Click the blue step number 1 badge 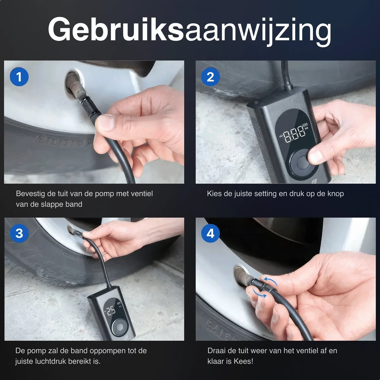19,77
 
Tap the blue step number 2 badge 210,77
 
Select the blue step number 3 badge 19,233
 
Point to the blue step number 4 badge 210,233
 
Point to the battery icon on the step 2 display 305,124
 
